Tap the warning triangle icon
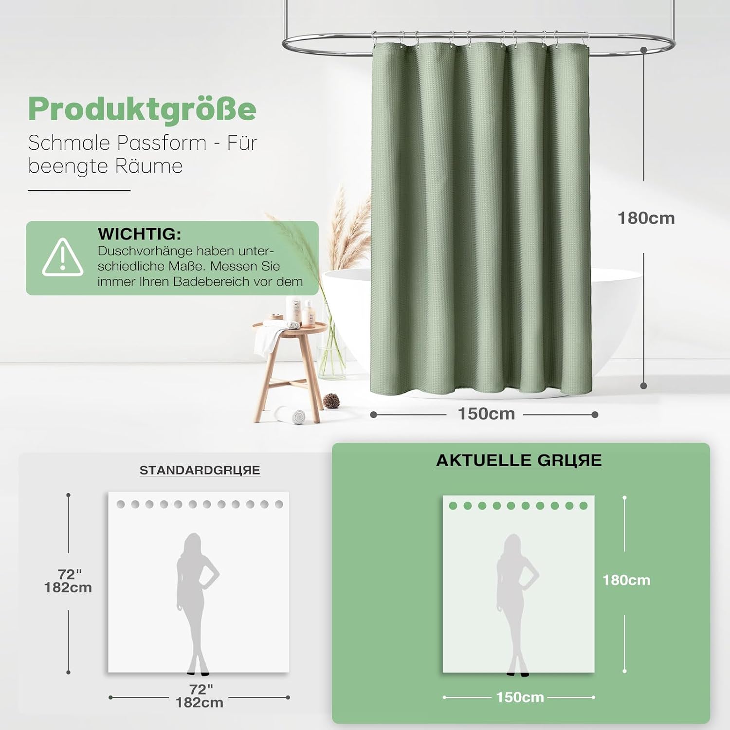tap(63, 257)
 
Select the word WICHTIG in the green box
tap(139, 234)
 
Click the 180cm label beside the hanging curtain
tap(646, 218)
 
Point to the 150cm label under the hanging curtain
tap(486, 414)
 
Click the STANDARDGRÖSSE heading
tap(200, 470)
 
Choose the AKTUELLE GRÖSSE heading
tap(519, 460)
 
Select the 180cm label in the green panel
tap(626, 580)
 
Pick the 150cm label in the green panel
tap(520, 697)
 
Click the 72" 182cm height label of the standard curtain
tap(68, 581)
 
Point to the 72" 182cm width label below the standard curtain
tap(200, 696)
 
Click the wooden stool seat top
tap(290, 328)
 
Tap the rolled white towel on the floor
tap(291, 415)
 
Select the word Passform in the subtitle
tap(162, 143)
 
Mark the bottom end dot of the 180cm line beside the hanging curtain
tap(643, 386)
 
